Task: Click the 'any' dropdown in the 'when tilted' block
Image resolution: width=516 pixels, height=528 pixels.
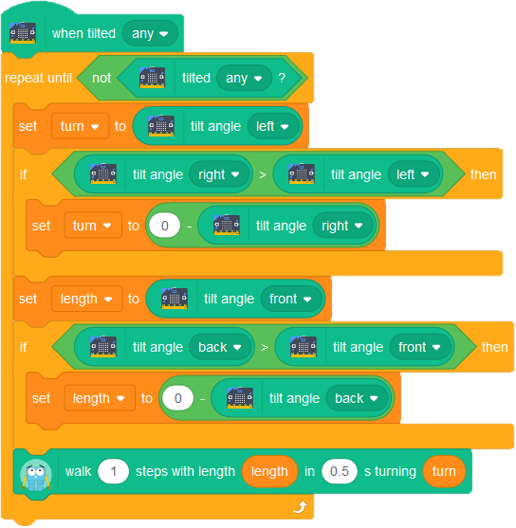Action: pos(150,33)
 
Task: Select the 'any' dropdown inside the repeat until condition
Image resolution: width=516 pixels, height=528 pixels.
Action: pos(244,78)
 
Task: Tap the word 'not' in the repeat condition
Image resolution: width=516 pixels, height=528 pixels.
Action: pos(101,78)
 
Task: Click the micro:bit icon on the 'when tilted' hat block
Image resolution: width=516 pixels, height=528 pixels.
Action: pos(23,33)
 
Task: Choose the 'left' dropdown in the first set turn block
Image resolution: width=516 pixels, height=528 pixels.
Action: pos(272,127)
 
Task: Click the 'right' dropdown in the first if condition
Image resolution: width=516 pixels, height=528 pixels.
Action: pos(219,174)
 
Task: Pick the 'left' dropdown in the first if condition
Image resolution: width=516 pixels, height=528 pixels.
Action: pos(413,174)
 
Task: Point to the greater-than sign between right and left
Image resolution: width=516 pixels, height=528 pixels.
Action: pos(263,174)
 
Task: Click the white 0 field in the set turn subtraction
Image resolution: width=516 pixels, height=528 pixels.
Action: pos(164,226)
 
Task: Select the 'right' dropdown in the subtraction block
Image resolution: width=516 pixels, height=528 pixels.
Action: pos(342,226)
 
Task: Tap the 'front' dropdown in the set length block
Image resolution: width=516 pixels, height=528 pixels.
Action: pos(290,299)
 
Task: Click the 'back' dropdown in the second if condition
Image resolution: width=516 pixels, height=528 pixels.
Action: pos(220,347)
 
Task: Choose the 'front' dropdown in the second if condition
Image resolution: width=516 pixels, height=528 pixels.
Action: pos(420,347)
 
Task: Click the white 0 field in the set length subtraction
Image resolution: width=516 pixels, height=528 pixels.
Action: pos(178,398)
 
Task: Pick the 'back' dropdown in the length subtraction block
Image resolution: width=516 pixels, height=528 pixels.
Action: pos(357,398)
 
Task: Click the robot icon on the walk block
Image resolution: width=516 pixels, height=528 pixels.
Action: pos(36,473)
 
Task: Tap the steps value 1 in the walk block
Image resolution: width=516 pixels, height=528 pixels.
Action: pos(113,471)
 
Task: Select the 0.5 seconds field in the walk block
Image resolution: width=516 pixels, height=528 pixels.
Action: pos(339,471)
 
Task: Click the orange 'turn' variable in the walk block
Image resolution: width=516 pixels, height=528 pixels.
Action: pos(444,471)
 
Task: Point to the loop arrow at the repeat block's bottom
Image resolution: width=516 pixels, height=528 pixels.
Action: pos(300,507)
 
